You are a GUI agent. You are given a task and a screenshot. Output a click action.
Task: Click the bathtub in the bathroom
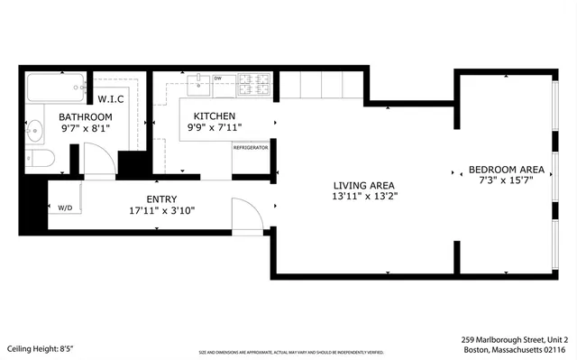point(54,88)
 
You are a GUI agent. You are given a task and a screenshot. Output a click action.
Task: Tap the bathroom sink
point(34,133)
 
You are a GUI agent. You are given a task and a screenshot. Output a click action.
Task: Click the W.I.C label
point(111,98)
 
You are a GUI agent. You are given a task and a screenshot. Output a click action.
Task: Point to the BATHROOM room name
point(86,117)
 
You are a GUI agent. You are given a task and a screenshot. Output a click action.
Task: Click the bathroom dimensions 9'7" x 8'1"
point(86,129)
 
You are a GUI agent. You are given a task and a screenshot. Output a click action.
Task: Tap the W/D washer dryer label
point(65,208)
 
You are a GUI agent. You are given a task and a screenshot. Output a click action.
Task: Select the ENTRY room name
point(161,199)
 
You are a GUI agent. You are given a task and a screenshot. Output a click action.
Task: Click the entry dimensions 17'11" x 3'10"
point(161,211)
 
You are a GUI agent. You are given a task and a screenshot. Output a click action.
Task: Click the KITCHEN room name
point(212,116)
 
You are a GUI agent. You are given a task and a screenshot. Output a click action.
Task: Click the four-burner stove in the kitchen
point(254,86)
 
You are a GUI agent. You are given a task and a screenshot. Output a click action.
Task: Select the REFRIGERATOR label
point(251,146)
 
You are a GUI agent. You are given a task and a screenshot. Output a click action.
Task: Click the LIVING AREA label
point(364,182)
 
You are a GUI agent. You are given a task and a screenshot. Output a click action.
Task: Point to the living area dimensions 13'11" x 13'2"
point(364,195)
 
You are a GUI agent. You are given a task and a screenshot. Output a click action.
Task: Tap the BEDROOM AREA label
point(506,170)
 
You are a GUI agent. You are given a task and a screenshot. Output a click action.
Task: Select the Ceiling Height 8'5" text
point(40,348)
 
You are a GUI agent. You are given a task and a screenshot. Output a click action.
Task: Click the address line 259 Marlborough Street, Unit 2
point(514,339)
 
